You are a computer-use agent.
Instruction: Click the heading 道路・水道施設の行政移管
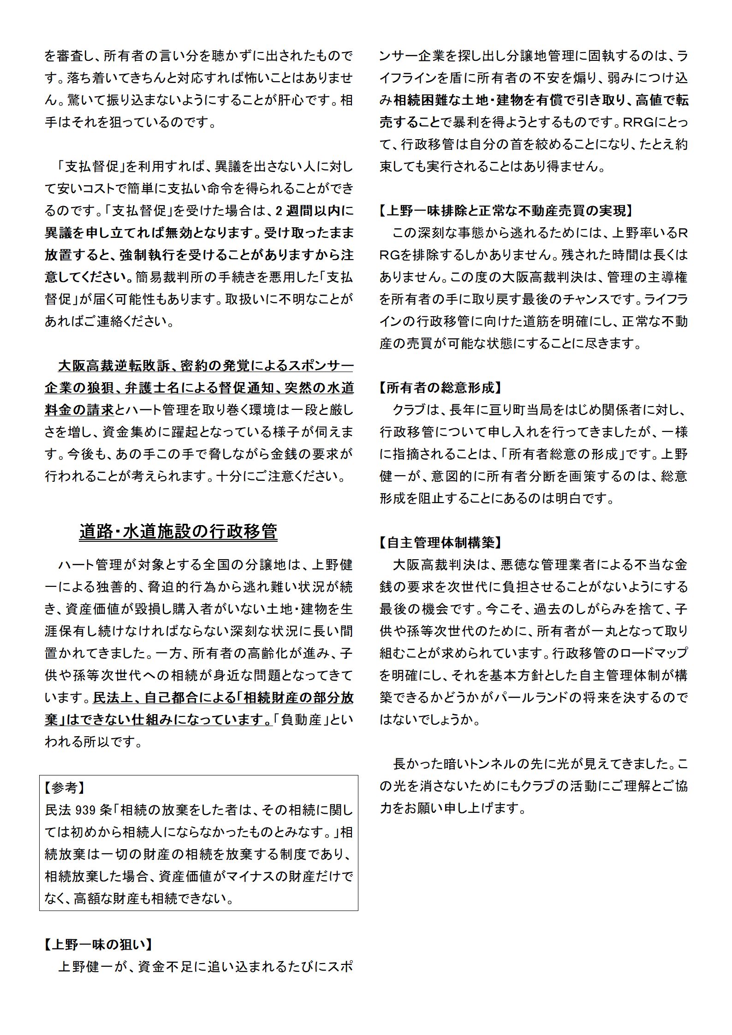pyautogui.click(x=178, y=532)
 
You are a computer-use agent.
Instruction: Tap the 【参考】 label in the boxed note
pyautogui.click(x=65, y=787)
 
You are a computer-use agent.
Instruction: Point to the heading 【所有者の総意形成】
pyautogui.click(x=440, y=388)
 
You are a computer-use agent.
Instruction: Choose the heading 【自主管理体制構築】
pyautogui.click(x=440, y=543)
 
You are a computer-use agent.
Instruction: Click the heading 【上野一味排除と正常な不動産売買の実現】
pyautogui.click(x=506, y=211)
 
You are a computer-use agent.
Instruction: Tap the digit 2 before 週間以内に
pyautogui.click(x=279, y=211)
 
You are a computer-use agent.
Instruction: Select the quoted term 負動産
pyautogui.click(x=301, y=720)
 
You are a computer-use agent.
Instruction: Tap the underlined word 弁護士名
pyautogui.click(x=152, y=388)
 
